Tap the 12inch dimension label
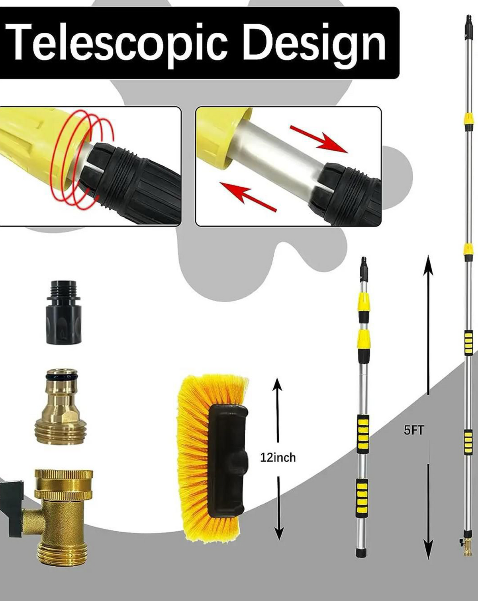(x=278, y=457)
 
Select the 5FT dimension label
(x=414, y=430)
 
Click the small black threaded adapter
(x=64, y=313)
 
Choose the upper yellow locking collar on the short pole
(x=363, y=301)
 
